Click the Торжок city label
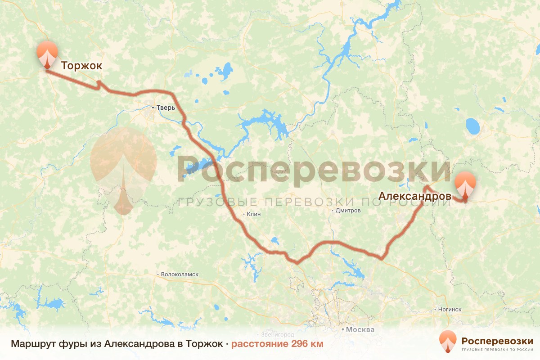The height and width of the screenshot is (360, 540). click(x=82, y=66)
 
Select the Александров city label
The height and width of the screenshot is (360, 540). click(x=415, y=196)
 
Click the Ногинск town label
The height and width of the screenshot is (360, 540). click(x=450, y=310)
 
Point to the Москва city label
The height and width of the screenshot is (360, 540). click(x=360, y=329)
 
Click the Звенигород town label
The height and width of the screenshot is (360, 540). click(x=278, y=335)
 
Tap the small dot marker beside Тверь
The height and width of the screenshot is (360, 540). click(x=153, y=108)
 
